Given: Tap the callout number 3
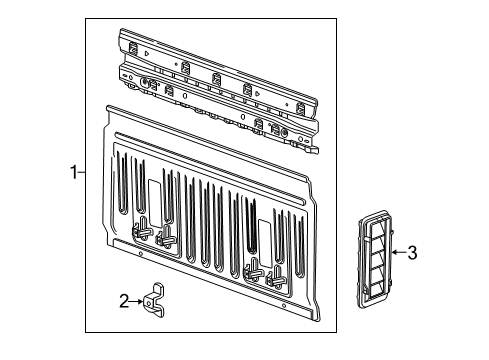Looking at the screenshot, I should (411, 252).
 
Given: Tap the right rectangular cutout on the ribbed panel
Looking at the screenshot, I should (265, 237).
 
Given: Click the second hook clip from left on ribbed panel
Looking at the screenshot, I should (166, 237).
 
